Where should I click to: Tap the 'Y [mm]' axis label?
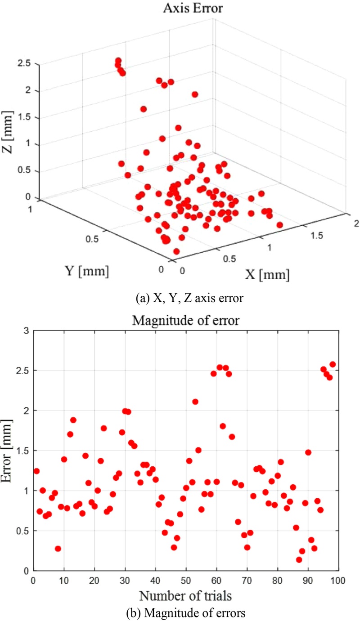coord(85,271)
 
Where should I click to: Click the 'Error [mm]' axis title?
coord(8,450)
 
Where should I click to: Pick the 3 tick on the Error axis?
coord(26,331)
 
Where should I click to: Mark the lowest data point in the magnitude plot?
coord(299,559)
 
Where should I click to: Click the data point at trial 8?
coord(58,549)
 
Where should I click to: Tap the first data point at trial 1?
coord(36,471)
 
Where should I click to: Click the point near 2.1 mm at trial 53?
coord(195,402)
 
